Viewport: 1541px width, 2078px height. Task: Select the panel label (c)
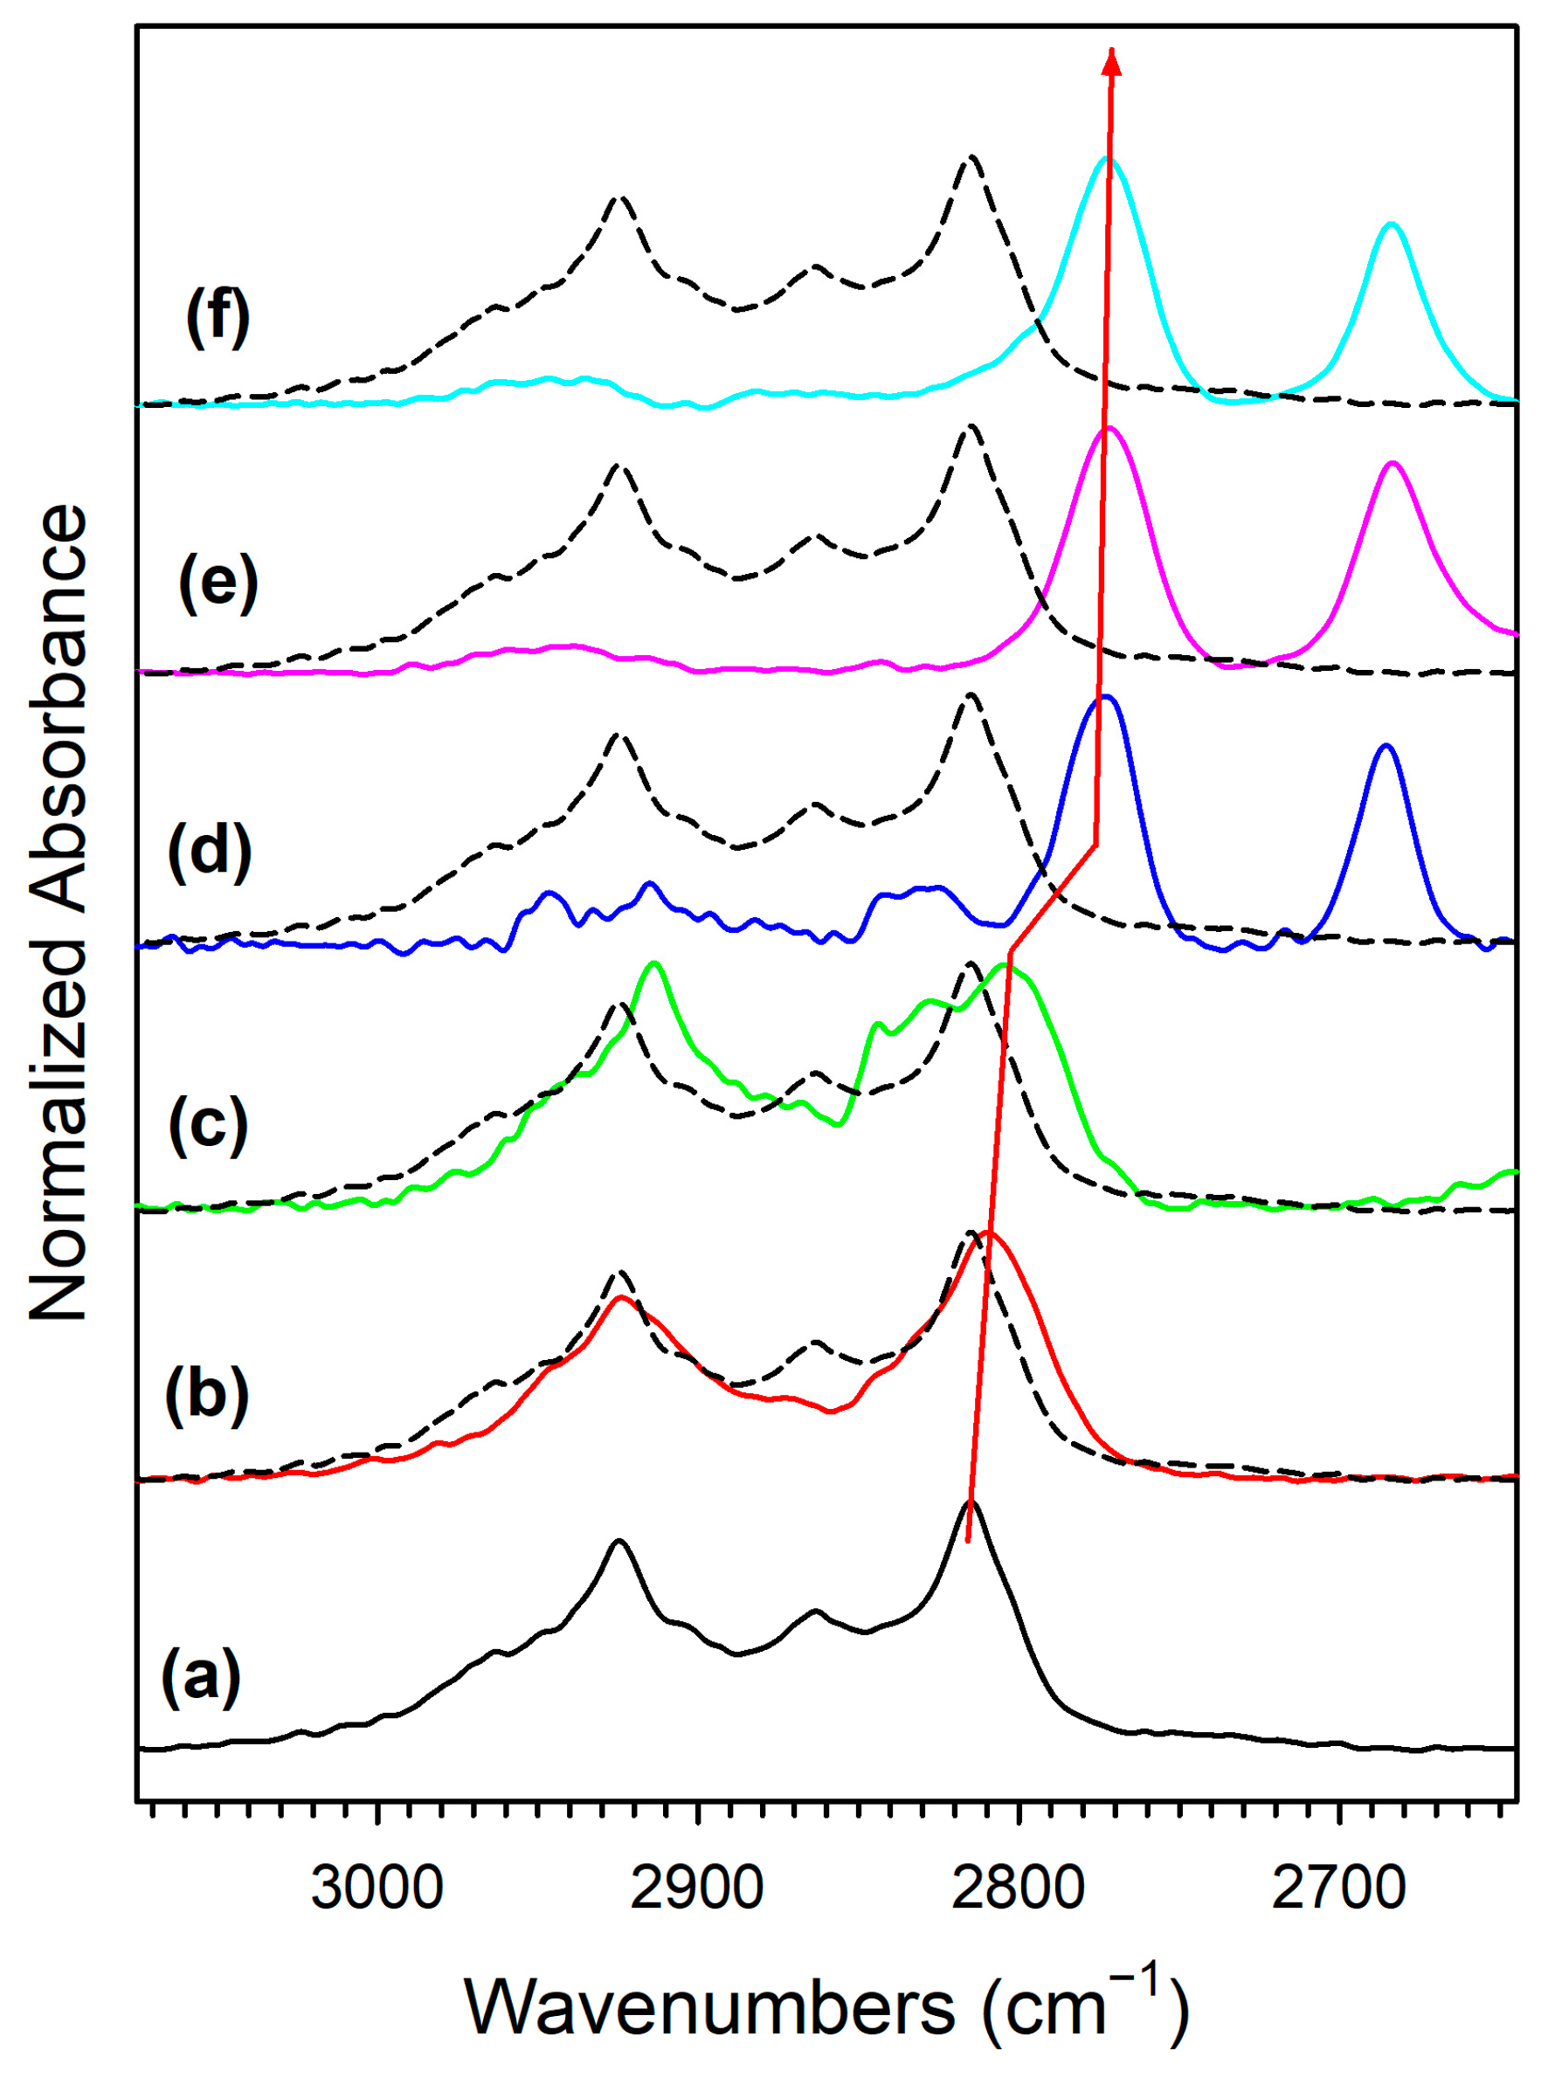point(207,1124)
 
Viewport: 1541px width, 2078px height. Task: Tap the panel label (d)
point(209,853)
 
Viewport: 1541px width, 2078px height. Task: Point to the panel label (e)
point(218,583)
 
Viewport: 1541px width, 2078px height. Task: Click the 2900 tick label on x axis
point(697,1888)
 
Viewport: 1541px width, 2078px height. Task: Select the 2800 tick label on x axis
point(1018,1888)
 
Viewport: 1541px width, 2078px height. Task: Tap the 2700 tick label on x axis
point(1338,1888)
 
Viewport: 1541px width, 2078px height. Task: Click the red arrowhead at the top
point(1111,60)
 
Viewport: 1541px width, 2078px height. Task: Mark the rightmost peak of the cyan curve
point(1391,224)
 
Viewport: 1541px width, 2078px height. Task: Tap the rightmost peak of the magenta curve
point(1392,464)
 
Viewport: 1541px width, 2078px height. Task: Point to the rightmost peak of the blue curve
point(1386,745)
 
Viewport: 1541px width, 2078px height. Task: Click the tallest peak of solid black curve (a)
point(971,1502)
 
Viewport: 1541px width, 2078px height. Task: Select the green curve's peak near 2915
point(654,963)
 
